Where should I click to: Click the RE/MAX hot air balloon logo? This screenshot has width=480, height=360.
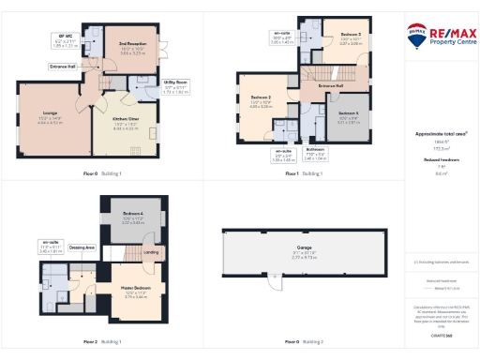(x=415, y=34)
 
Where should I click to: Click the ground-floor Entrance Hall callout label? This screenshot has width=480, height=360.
(x=63, y=67)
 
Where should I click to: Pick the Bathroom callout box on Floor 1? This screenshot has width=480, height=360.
(x=315, y=156)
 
